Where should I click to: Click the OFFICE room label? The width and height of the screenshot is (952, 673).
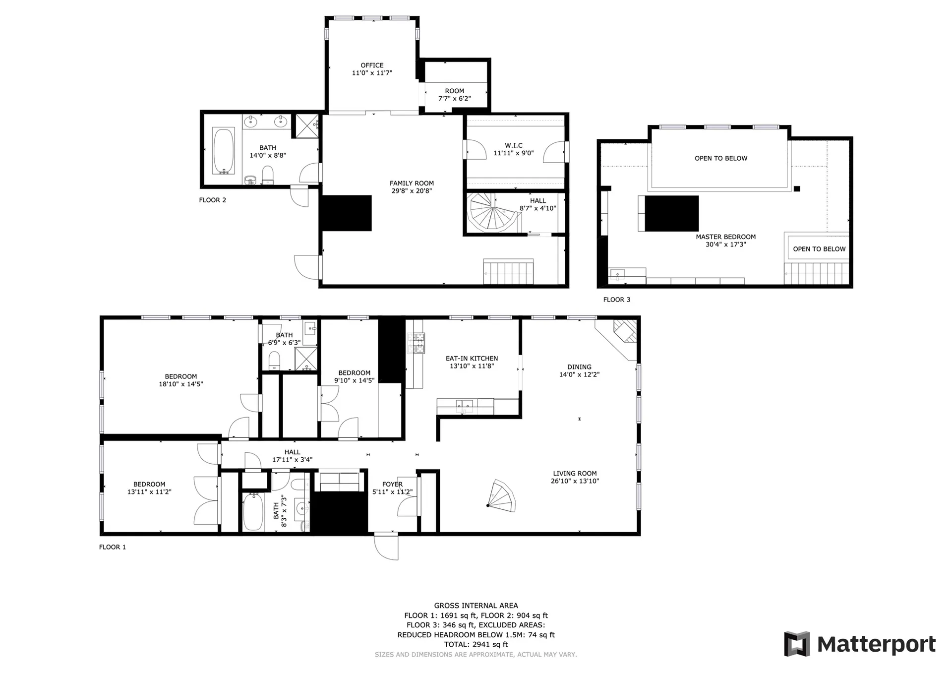coord(372,65)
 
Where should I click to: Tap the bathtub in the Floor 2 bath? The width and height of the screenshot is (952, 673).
coord(224,151)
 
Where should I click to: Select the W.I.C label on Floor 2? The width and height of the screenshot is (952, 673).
coord(514,145)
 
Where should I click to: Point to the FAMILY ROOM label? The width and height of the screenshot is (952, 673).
coord(412,183)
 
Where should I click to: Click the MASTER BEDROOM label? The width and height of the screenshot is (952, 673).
coord(725,237)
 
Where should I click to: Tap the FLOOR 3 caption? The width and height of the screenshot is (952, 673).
coord(617,300)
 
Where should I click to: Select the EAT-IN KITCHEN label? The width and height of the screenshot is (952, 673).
coord(472,358)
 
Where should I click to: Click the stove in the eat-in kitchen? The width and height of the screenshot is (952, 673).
coord(416,343)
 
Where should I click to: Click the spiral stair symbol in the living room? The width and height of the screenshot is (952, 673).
coord(502,496)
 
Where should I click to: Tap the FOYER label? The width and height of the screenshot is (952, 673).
coord(392,484)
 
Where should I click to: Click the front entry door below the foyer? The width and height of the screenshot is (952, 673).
coord(386,546)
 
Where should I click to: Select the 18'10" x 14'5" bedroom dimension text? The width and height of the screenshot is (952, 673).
coord(181,384)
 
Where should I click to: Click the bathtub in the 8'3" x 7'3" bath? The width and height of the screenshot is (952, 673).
coord(253,512)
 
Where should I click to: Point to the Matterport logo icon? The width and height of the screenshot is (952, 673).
coord(797,644)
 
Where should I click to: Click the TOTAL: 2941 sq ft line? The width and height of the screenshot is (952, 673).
coord(476,644)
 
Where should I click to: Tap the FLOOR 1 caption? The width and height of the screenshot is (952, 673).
coord(113,547)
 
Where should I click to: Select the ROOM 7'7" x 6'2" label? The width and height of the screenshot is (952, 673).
coord(455,95)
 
